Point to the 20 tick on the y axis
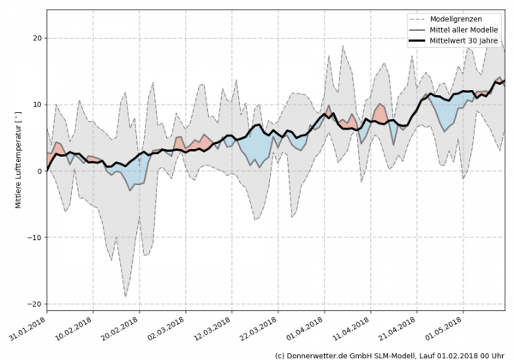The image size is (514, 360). (x=37, y=39)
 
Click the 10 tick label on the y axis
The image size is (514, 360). (x=37, y=105)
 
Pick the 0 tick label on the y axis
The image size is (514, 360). (x=39, y=171)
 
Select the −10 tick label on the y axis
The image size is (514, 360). (x=34, y=237)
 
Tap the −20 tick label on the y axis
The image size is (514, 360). (x=34, y=304)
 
